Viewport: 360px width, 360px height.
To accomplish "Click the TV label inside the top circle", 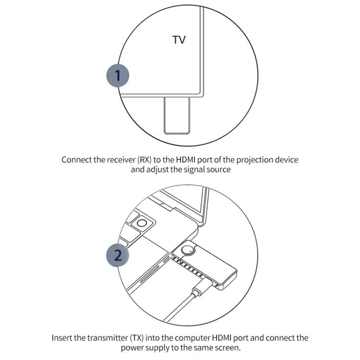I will tap(179, 40).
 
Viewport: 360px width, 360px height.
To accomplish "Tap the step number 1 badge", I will tap(118, 75).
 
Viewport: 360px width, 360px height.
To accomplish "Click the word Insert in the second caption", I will tap(62, 338).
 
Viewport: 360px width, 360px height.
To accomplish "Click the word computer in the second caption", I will tap(189, 338).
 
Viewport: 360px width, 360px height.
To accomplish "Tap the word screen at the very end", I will tap(228, 348).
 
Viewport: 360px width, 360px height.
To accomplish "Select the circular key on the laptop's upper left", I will tap(142, 223).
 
